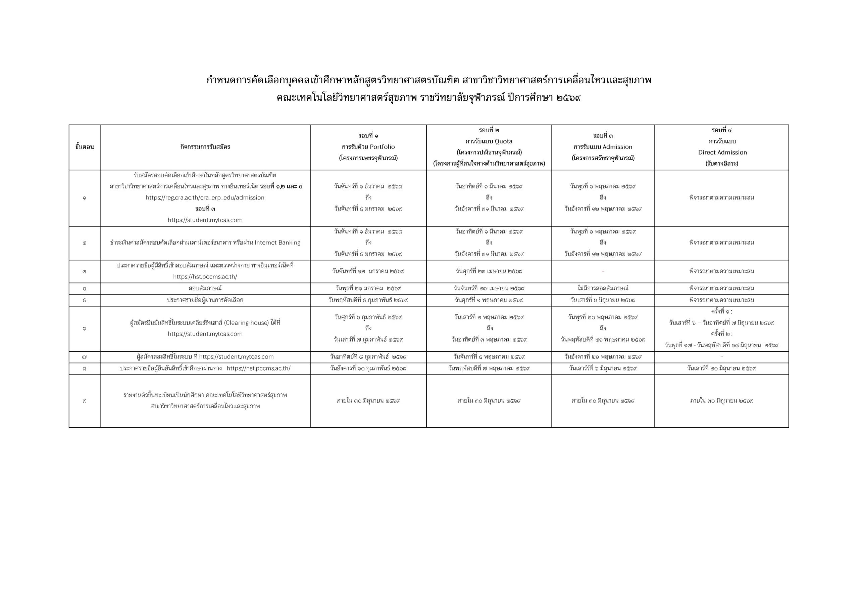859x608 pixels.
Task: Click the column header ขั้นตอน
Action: (84, 147)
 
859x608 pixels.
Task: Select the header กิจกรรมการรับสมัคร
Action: (205, 147)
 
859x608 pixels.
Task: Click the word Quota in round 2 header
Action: (504, 141)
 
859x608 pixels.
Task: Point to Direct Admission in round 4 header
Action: (722, 153)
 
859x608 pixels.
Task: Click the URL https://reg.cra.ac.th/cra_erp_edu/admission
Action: (205, 198)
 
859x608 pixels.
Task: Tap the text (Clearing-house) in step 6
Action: (247, 323)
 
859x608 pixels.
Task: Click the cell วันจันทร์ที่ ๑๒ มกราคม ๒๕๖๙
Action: (368, 271)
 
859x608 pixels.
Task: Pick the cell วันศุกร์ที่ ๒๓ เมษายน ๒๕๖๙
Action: (489, 271)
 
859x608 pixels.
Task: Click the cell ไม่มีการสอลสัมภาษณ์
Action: (603, 289)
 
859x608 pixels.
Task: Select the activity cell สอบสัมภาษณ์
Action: (205, 289)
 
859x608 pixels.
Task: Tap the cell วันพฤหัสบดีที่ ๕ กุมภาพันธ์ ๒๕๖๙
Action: (368, 300)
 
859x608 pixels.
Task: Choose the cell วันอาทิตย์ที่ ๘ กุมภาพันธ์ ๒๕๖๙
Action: (368, 357)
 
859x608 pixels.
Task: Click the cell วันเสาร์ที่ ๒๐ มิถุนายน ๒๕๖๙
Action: (721, 368)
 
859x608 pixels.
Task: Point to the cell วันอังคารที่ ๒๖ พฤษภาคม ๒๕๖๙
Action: (603, 357)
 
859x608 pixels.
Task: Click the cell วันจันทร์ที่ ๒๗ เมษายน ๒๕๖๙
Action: (489, 289)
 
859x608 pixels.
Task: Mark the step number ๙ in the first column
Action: (84, 401)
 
